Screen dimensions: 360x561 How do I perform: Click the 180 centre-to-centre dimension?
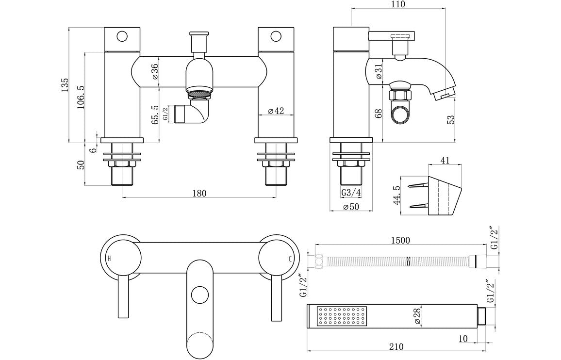coord(198,193)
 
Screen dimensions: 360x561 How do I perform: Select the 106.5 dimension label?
coord(81,97)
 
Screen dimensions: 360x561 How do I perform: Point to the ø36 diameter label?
coord(155,72)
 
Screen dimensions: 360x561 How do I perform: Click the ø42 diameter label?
coord(275,111)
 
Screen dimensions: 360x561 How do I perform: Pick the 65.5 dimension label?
coord(155,115)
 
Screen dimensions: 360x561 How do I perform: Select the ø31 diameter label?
coord(379,72)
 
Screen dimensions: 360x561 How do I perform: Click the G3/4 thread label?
coord(351,193)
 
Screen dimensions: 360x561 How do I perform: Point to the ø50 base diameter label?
coord(351,207)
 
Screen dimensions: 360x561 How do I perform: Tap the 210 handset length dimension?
coord(396,346)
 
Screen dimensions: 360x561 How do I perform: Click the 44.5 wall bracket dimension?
coord(396,195)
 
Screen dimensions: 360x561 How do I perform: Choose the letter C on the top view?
coord(290,259)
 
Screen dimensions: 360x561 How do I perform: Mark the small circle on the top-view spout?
coord(198,295)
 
